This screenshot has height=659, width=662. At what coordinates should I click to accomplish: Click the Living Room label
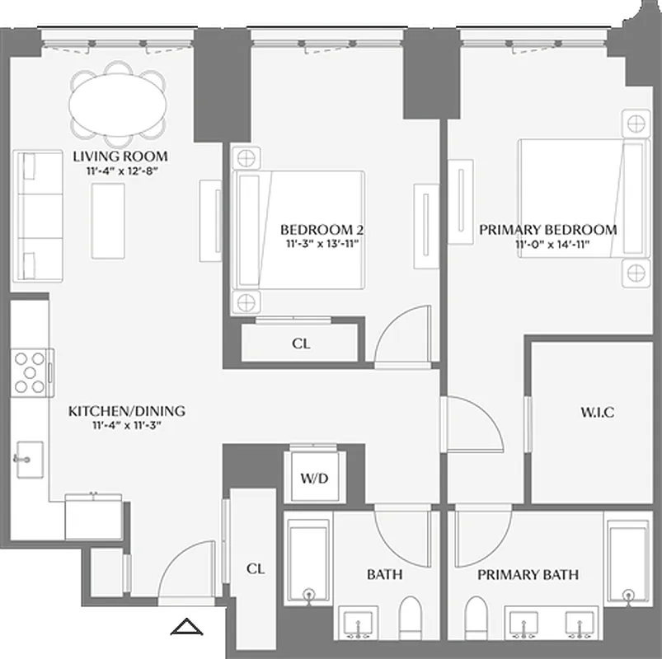pos(120,157)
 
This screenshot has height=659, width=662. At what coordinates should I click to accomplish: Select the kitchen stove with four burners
pos(31,372)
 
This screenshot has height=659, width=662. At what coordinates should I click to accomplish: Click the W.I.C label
pos(598,411)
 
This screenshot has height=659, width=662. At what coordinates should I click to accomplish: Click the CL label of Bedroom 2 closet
pos(301,344)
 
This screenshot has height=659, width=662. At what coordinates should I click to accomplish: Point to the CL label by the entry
pos(256,568)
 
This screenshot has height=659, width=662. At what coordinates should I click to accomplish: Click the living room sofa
pos(38,216)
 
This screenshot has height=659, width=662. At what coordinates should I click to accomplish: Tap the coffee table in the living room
pos(109,222)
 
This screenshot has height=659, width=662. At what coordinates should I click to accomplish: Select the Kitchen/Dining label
pos(126,411)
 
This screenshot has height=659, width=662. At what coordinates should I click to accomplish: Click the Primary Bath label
pos(528,575)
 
